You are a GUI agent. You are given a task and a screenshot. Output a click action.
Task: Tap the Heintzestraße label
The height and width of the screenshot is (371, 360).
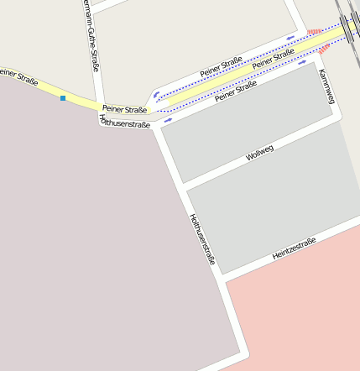pos(294,248)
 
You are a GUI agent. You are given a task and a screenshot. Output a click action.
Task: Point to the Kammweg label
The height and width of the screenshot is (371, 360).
pos(326,86)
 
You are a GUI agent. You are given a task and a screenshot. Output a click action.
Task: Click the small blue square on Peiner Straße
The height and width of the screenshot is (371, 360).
pos(62,98)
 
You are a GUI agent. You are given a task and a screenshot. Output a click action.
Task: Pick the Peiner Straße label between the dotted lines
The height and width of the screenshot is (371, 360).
pos(273,58)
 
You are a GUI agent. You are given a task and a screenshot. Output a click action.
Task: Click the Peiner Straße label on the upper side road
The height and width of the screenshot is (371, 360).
pos(221,67)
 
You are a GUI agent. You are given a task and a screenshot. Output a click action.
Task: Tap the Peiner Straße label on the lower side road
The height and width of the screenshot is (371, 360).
pos(235,91)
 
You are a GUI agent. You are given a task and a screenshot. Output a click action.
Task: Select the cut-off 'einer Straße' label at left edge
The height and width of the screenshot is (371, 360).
pos(18,75)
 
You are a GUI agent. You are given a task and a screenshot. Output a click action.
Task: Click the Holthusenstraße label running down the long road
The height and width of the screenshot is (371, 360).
pos(202,239)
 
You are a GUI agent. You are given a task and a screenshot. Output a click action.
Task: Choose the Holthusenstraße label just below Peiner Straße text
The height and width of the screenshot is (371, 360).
pos(124,123)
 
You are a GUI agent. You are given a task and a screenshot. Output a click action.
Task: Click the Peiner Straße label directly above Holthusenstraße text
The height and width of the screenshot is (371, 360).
pos(124,109)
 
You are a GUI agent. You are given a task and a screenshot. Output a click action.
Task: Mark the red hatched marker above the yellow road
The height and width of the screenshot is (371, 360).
pos(314,33)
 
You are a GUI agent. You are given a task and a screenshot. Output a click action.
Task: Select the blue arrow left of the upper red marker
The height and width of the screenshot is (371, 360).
pos(291,36)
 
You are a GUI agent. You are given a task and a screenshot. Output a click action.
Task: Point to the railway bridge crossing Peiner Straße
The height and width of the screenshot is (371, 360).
pos(345,31)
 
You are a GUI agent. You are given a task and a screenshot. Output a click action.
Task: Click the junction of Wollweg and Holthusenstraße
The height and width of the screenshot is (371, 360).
pos(182,186)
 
